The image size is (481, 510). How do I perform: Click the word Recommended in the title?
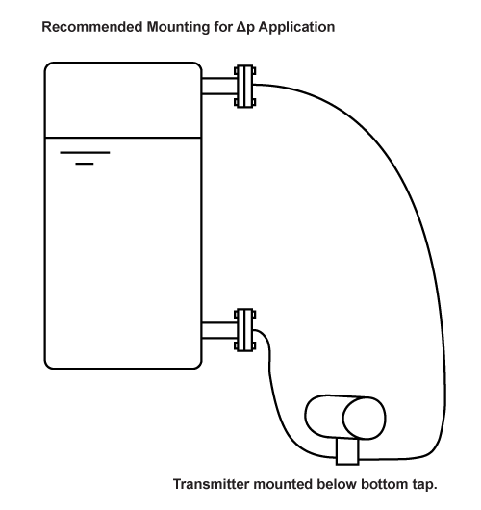[92, 27]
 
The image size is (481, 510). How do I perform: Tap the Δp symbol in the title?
[245, 27]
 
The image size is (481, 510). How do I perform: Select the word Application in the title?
[296, 27]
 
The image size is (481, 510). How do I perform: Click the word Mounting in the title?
[178, 28]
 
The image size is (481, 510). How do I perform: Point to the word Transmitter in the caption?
[211, 484]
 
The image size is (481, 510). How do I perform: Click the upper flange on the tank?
[245, 87]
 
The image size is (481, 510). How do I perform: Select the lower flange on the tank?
[245, 330]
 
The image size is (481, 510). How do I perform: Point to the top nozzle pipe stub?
[219, 86]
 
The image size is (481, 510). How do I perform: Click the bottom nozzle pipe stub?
[219, 330]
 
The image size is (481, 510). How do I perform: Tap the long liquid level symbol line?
[85, 152]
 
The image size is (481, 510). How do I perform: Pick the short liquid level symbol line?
[85, 164]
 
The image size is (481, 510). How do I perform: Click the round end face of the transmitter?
[365, 419]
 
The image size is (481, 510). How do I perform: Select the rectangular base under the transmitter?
[347, 451]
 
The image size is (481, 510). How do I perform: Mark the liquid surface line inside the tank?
[123, 138]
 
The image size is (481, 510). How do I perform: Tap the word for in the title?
[223, 27]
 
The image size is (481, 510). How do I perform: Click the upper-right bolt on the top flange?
[254, 71]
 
